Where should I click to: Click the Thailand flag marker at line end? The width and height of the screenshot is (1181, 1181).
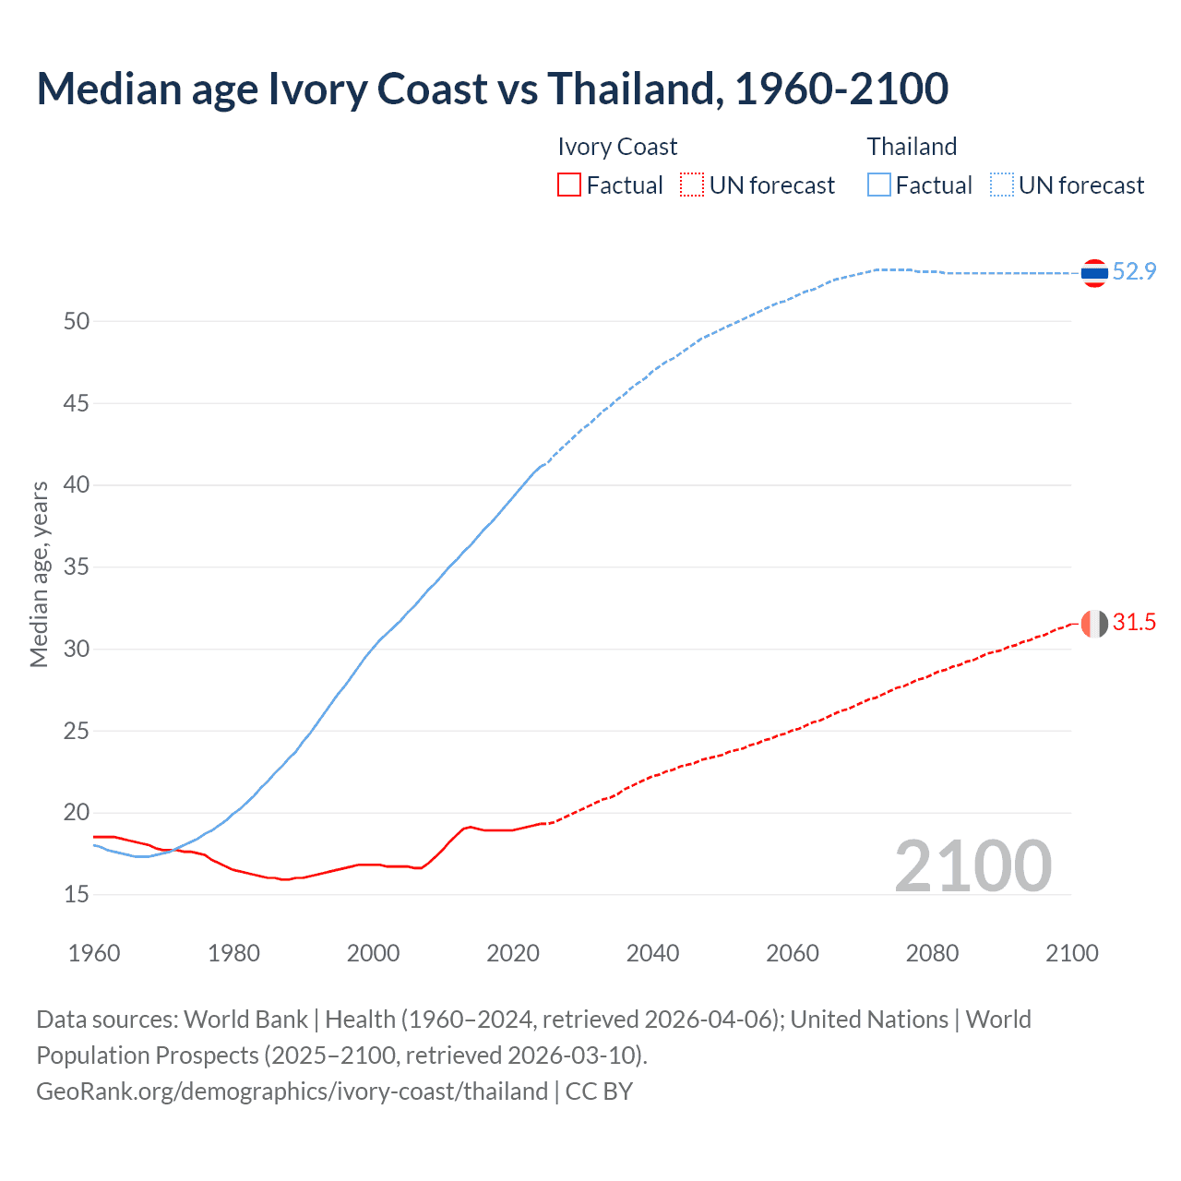click(1094, 273)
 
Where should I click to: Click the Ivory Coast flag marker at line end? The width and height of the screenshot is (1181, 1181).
click(1094, 624)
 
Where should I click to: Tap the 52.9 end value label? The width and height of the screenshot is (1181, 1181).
click(1134, 271)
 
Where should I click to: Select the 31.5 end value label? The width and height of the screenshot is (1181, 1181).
click(1134, 623)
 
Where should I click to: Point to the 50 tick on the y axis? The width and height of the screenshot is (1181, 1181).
click(77, 322)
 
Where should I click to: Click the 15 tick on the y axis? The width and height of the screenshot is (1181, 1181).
click(77, 894)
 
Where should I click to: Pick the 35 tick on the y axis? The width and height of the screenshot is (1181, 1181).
click(77, 567)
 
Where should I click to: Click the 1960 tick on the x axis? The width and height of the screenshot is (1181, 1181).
click(94, 953)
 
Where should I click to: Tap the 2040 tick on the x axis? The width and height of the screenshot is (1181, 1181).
click(652, 953)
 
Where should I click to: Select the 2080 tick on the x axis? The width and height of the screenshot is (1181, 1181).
click(932, 953)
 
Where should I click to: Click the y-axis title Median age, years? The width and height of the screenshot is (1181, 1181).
click(39, 574)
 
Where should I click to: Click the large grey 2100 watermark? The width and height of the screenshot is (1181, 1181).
click(972, 866)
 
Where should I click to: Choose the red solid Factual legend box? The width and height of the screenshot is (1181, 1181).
click(569, 185)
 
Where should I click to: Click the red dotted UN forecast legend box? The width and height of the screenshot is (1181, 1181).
click(692, 185)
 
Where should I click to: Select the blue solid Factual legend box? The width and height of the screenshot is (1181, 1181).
click(879, 185)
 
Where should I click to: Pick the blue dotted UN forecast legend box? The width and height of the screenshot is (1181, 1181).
click(1002, 185)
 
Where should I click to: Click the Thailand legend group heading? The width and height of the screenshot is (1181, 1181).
click(912, 147)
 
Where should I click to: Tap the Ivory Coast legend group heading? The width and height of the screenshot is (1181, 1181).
click(617, 147)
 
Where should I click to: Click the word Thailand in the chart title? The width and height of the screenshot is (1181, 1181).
click(631, 89)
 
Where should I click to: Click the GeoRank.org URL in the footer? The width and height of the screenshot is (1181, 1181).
click(292, 1092)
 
